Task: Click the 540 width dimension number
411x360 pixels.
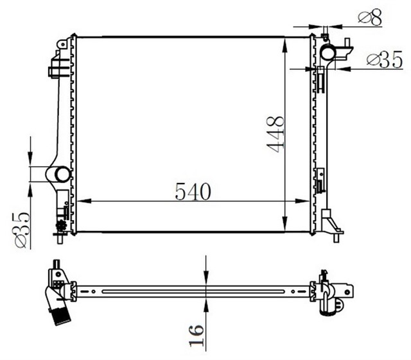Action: tap(193, 191)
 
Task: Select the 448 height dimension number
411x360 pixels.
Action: tap(275, 133)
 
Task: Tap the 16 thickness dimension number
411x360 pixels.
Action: tap(197, 336)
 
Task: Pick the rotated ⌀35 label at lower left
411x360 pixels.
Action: tap(20, 228)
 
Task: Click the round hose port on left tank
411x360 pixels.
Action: tap(62, 174)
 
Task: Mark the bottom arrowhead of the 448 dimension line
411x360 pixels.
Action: tap(284, 227)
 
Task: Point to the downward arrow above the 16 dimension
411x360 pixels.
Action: tap(205, 277)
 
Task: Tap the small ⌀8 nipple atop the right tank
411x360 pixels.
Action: tap(326, 33)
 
